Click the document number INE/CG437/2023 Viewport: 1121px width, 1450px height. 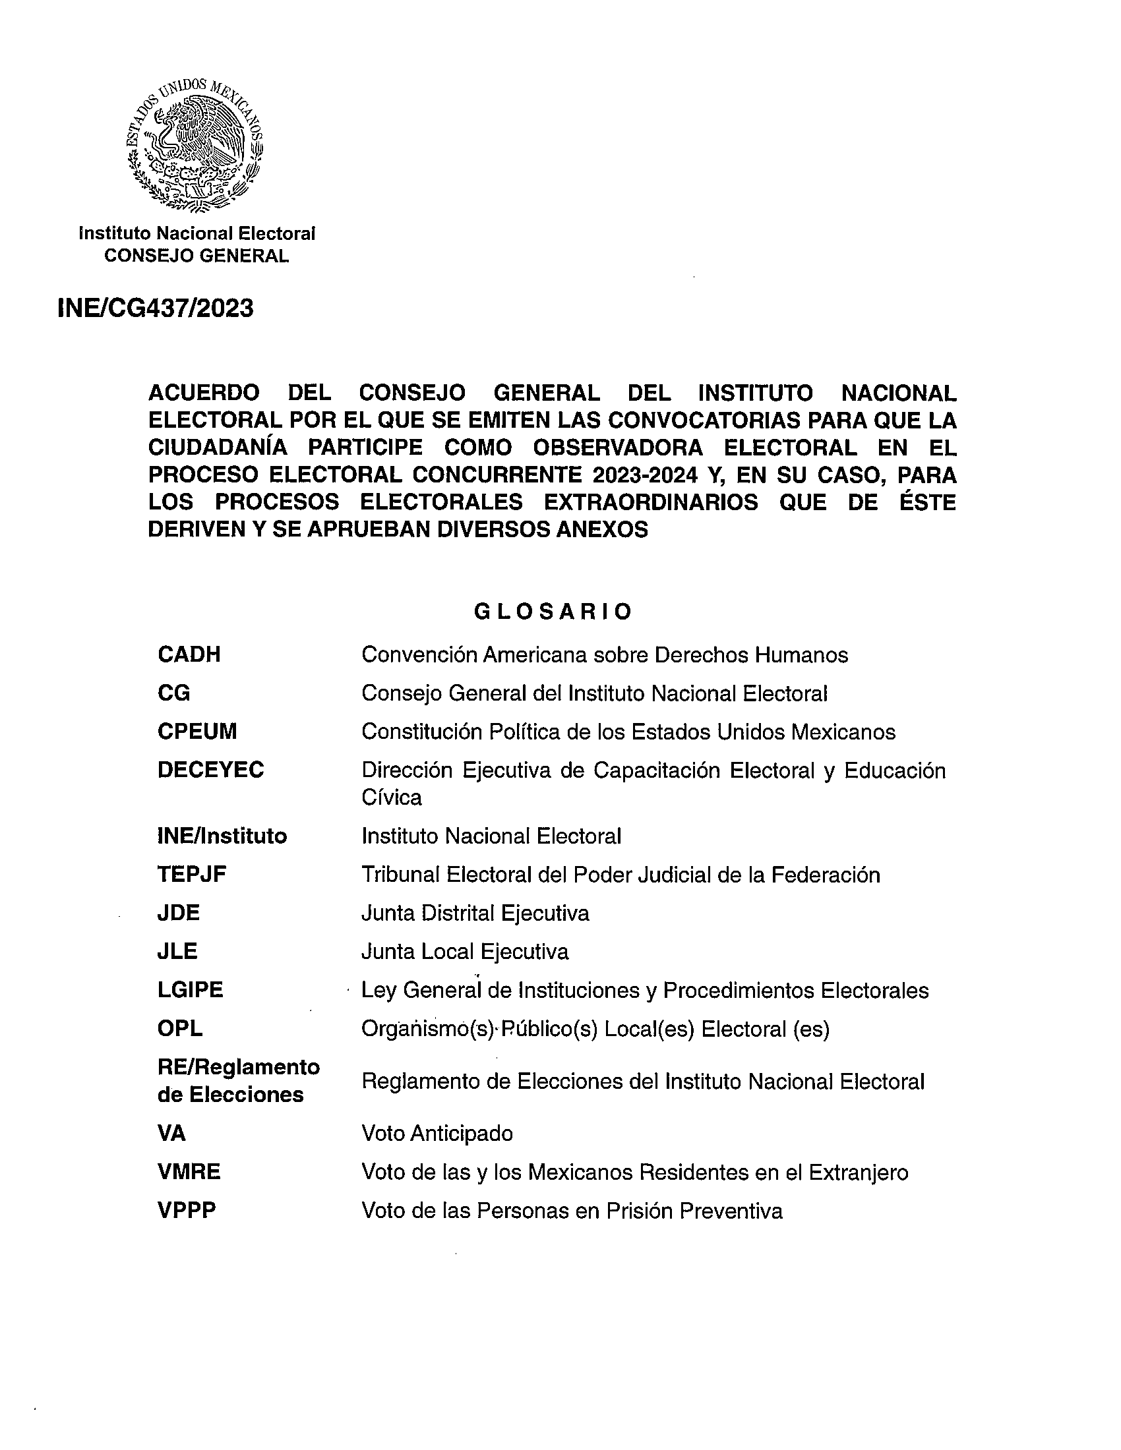click(156, 308)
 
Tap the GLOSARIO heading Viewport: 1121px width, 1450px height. click(553, 612)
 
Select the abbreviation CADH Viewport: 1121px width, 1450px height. click(189, 654)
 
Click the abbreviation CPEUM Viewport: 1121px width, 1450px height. click(197, 732)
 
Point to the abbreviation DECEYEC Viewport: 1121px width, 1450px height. click(210, 770)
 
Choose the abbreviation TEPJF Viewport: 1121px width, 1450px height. click(192, 875)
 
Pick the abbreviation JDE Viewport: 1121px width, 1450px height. click(179, 913)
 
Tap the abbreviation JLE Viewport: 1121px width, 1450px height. click(177, 951)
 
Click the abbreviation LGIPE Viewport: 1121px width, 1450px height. click(190, 990)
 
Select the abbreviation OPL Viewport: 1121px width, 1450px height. click(180, 1028)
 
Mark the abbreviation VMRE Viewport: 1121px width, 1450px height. click(189, 1172)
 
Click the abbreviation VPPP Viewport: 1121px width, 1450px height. click(187, 1210)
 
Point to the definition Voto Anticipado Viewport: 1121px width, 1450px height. click(437, 1134)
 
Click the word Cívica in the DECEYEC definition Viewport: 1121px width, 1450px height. click(391, 797)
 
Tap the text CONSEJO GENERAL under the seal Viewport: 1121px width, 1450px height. click(197, 256)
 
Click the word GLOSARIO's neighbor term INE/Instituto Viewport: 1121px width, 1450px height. click(222, 836)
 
